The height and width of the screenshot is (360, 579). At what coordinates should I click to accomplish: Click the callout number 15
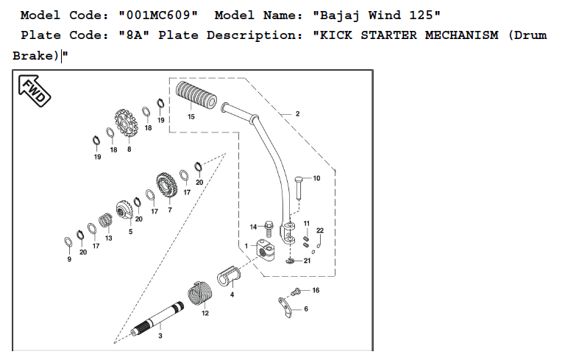coord(191,116)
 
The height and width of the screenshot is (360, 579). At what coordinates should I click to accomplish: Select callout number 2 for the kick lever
coord(297,114)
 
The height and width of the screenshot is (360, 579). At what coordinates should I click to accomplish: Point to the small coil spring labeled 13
coord(106,220)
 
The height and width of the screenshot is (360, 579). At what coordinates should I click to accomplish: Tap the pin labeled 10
coord(299,184)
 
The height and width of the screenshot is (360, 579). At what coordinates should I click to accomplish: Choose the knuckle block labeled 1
coord(266,250)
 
